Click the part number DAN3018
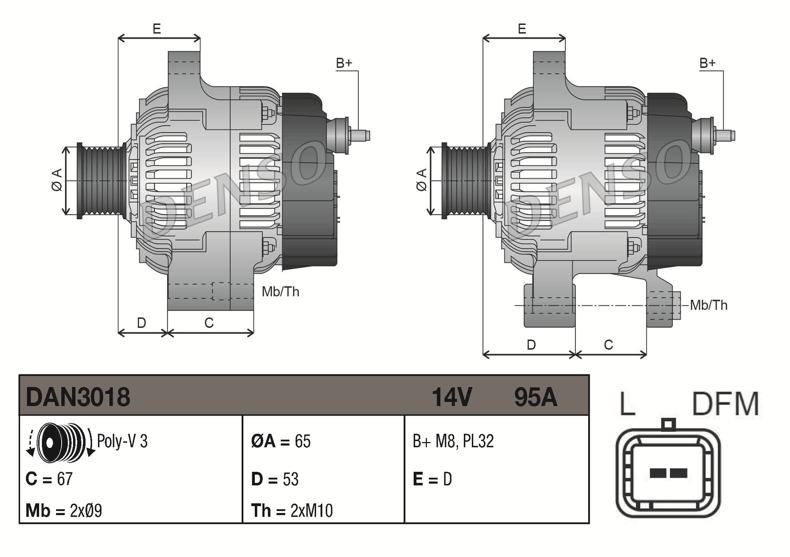pos(78,397)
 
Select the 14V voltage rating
pos(451,397)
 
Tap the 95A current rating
pos(535,397)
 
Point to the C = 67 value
pos(49,479)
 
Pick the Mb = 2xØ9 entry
pos(64,510)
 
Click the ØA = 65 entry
pos(281,441)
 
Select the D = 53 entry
pos(275,479)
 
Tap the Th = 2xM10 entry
pos(292,510)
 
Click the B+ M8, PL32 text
pos(453,441)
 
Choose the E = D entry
pos(432,479)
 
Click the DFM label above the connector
pos(725,404)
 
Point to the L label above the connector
pos(627,404)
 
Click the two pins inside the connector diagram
pos(668,473)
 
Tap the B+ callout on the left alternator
pos(344,63)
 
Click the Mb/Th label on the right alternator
pos(709,305)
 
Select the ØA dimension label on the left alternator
pos(57,180)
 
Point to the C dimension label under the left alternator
pos(209,323)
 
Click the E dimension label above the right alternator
pos(522,29)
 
